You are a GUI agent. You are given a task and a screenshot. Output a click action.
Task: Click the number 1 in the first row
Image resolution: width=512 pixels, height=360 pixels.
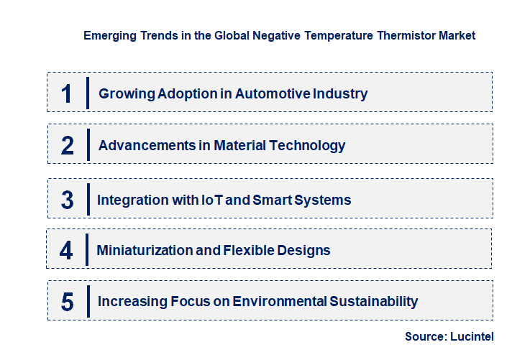(66, 93)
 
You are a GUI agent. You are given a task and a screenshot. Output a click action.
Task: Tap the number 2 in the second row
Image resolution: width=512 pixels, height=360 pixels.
(67, 145)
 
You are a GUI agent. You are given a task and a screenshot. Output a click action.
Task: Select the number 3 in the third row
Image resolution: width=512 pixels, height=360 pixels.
(67, 200)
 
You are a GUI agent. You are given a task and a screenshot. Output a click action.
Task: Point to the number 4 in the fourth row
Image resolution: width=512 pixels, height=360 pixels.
(66, 250)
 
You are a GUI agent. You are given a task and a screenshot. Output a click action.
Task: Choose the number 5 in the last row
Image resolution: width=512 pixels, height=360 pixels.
(67, 302)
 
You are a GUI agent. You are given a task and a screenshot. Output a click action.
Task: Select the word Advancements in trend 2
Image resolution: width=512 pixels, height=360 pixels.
(146, 145)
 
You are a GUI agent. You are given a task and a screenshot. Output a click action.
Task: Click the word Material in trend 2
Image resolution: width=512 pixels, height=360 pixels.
(239, 145)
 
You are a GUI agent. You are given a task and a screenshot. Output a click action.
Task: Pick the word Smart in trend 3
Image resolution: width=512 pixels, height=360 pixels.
(272, 200)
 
